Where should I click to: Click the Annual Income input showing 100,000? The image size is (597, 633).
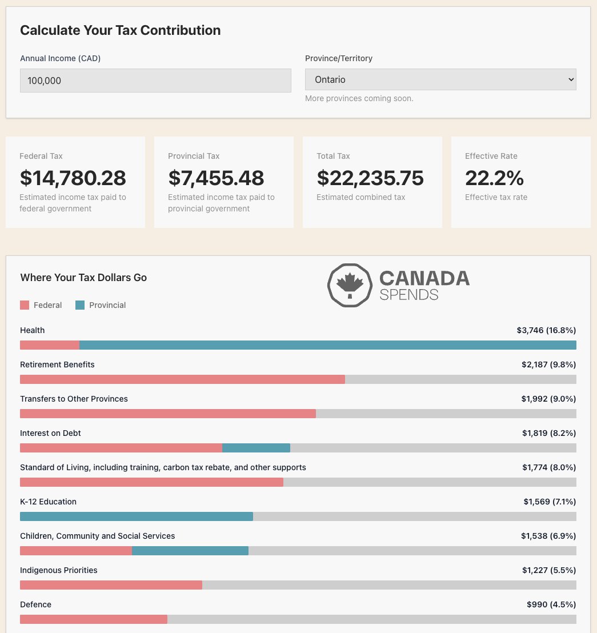(x=155, y=81)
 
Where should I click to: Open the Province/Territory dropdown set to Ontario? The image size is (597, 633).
(x=440, y=80)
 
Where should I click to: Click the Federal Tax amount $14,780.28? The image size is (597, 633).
(x=73, y=178)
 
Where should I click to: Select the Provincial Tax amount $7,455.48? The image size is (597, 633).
(x=216, y=178)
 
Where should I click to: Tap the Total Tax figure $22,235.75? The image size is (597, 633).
(x=370, y=178)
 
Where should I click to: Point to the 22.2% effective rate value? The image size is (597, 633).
(x=494, y=178)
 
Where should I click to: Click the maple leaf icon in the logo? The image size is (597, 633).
(x=350, y=285)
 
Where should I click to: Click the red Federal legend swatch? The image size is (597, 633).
(x=25, y=305)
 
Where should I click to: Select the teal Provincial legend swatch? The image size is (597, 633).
(x=80, y=305)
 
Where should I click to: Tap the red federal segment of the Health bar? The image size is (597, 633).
(x=50, y=345)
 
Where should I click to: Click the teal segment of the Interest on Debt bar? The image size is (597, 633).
(x=256, y=448)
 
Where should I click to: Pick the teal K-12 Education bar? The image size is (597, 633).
(x=137, y=516)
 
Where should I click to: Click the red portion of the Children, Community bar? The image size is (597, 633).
(x=76, y=551)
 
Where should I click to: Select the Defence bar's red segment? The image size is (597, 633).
(x=94, y=619)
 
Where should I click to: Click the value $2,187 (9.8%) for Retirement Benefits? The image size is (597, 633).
(x=548, y=364)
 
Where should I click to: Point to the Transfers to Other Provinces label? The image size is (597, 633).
(x=74, y=399)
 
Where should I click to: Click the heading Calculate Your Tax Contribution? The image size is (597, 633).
(x=120, y=30)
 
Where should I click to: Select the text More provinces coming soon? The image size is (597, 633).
(x=359, y=98)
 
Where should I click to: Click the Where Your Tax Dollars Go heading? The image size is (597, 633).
(x=83, y=278)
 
